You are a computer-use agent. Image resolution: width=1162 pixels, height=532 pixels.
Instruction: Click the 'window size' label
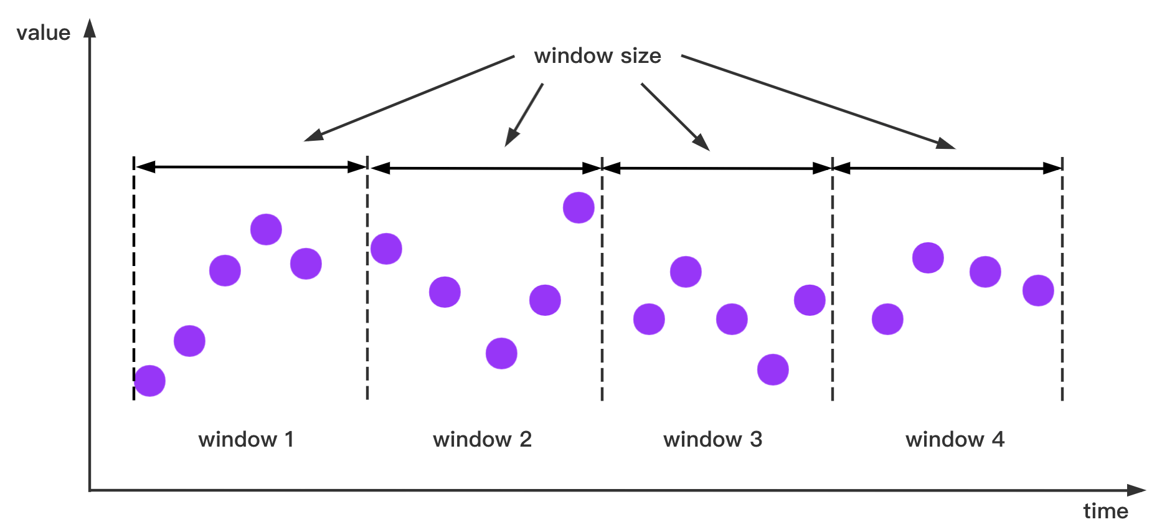(x=597, y=56)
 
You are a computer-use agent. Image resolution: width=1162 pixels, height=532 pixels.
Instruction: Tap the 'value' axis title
(x=43, y=32)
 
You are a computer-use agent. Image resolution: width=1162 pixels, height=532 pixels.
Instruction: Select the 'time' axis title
(x=1105, y=511)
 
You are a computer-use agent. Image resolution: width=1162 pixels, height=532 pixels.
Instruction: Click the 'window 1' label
(x=246, y=439)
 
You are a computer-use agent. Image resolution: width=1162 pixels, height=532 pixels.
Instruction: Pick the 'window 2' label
(x=483, y=439)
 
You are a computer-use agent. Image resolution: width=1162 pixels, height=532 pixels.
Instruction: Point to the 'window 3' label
(x=713, y=439)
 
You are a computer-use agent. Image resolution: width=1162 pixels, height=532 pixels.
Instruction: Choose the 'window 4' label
(x=955, y=439)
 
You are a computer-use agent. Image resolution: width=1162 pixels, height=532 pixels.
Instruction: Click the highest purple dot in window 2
(x=579, y=207)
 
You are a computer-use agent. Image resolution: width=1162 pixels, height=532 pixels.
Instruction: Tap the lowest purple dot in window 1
(x=150, y=381)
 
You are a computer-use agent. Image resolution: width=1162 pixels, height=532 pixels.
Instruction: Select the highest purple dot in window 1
(x=266, y=229)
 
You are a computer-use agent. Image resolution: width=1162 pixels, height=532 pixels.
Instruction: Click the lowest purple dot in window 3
(x=773, y=369)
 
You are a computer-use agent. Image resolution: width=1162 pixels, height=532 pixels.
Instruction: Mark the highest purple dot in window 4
(x=928, y=257)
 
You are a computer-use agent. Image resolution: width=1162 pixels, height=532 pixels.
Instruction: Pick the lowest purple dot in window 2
(x=501, y=353)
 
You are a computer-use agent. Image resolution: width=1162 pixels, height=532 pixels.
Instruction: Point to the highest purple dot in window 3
(x=686, y=272)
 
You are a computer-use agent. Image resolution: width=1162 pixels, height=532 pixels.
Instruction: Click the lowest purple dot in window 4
(x=887, y=319)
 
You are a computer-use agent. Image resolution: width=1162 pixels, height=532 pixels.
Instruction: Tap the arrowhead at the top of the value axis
(x=90, y=28)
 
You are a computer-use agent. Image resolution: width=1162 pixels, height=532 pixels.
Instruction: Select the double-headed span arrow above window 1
(x=250, y=167)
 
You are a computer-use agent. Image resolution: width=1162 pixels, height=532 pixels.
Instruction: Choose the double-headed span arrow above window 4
(x=947, y=168)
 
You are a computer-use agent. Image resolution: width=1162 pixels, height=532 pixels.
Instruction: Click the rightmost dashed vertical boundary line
(x=1062, y=280)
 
